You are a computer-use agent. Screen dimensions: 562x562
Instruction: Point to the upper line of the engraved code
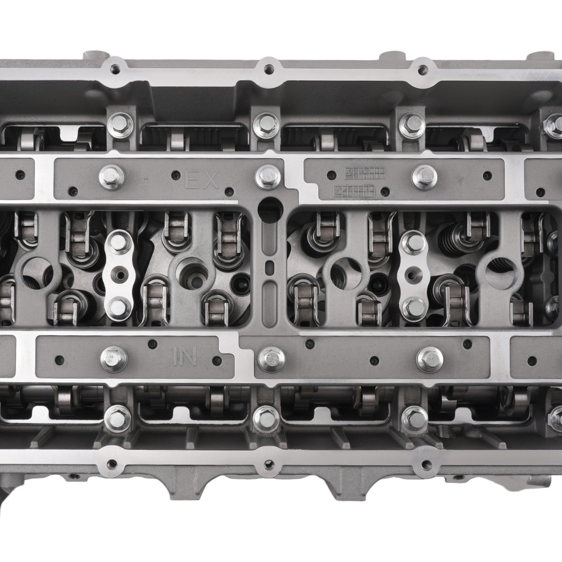click(x=364, y=171)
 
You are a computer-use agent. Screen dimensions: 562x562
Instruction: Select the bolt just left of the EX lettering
click(x=112, y=177)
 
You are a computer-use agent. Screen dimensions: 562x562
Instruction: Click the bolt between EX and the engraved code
click(x=268, y=176)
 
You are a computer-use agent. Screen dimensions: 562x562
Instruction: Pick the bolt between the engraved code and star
click(x=424, y=177)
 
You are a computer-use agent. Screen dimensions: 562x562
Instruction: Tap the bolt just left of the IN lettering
click(x=114, y=359)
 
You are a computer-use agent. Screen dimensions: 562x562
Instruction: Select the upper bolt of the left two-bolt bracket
click(x=118, y=243)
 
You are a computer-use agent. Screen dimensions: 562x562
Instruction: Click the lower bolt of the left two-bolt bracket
click(x=118, y=307)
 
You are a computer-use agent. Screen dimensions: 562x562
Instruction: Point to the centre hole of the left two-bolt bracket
click(x=118, y=275)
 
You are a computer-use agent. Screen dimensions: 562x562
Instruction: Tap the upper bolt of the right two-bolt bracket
click(x=414, y=243)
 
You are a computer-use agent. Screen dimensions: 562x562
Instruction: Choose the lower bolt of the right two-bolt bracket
click(x=414, y=307)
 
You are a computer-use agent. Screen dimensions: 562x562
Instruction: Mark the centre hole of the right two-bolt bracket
click(x=414, y=275)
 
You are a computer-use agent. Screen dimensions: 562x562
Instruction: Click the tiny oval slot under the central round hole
click(x=270, y=265)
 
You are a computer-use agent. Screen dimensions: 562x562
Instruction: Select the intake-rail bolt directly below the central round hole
click(x=271, y=359)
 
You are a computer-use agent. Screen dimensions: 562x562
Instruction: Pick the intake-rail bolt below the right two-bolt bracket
click(x=430, y=359)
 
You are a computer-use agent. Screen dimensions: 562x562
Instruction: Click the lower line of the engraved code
click(x=354, y=190)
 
